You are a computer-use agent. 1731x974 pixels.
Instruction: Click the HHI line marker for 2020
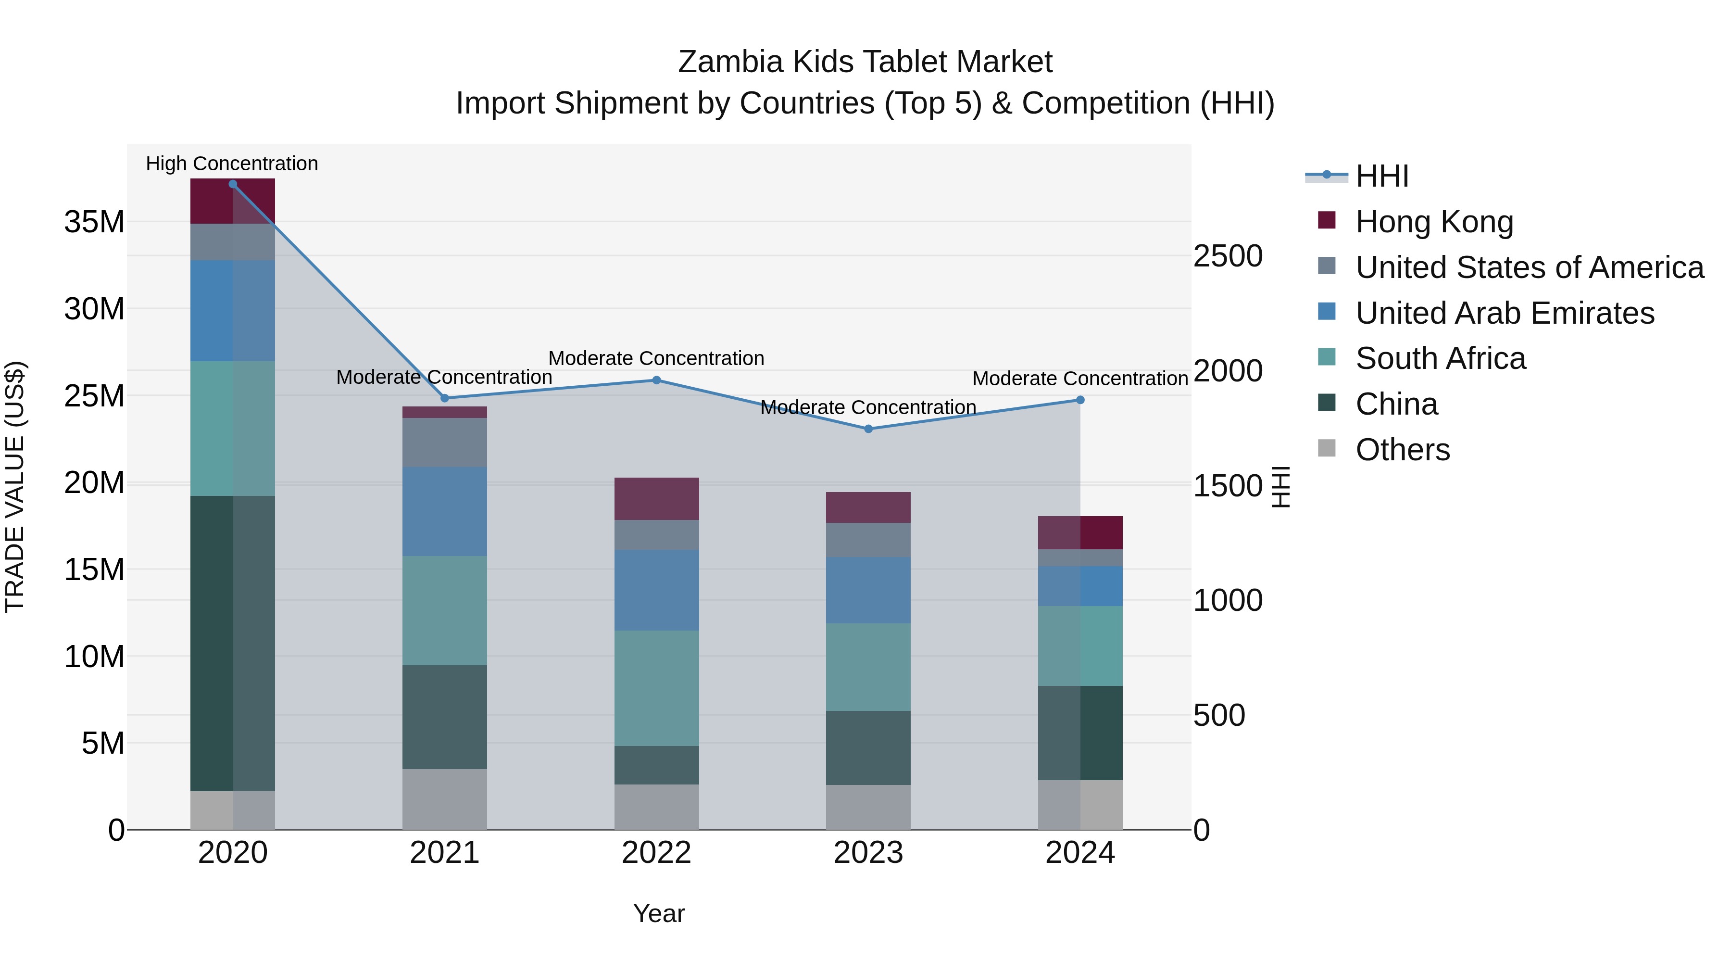(x=233, y=184)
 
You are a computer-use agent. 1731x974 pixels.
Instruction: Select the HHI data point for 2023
(x=868, y=429)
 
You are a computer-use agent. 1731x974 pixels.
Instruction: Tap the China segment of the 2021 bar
(x=444, y=717)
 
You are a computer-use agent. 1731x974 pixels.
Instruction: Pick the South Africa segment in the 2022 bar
(x=656, y=688)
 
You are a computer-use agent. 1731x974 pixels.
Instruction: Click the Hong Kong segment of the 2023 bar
(x=868, y=507)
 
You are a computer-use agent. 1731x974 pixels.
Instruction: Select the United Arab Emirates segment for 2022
(x=656, y=590)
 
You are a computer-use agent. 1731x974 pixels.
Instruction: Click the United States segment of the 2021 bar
(x=444, y=443)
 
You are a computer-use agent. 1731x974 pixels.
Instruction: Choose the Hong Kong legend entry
(x=1434, y=222)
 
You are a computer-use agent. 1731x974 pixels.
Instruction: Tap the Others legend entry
(x=1403, y=450)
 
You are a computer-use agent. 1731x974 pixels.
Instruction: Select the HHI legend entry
(x=1381, y=176)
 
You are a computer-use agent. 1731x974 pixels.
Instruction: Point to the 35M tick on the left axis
(x=94, y=222)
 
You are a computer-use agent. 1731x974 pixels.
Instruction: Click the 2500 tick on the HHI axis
(x=1228, y=256)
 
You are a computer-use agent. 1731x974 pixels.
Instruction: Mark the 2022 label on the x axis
(x=656, y=853)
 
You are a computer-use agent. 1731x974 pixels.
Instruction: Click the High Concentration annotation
(x=232, y=164)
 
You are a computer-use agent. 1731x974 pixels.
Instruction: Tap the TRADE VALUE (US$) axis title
(x=15, y=487)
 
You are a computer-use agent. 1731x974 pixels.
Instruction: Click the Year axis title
(x=659, y=913)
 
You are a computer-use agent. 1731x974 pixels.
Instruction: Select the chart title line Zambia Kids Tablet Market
(x=865, y=62)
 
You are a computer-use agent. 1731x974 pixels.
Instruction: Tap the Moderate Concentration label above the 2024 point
(x=1080, y=379)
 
